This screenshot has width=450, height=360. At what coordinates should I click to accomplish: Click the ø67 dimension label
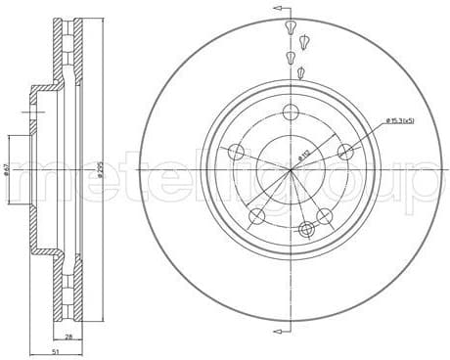coord(6,168)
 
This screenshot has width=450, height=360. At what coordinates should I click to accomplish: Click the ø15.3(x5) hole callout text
coord(402,120)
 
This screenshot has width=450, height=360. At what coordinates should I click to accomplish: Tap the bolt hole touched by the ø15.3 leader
coord(344,151)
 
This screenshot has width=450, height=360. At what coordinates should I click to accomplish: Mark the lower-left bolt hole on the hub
coord(256,215)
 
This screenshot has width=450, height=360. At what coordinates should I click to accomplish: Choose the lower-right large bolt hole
coord(325,215)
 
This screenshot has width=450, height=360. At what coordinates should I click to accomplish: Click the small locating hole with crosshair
coord(306,229)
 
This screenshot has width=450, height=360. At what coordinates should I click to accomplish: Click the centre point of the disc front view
coord(291,168)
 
